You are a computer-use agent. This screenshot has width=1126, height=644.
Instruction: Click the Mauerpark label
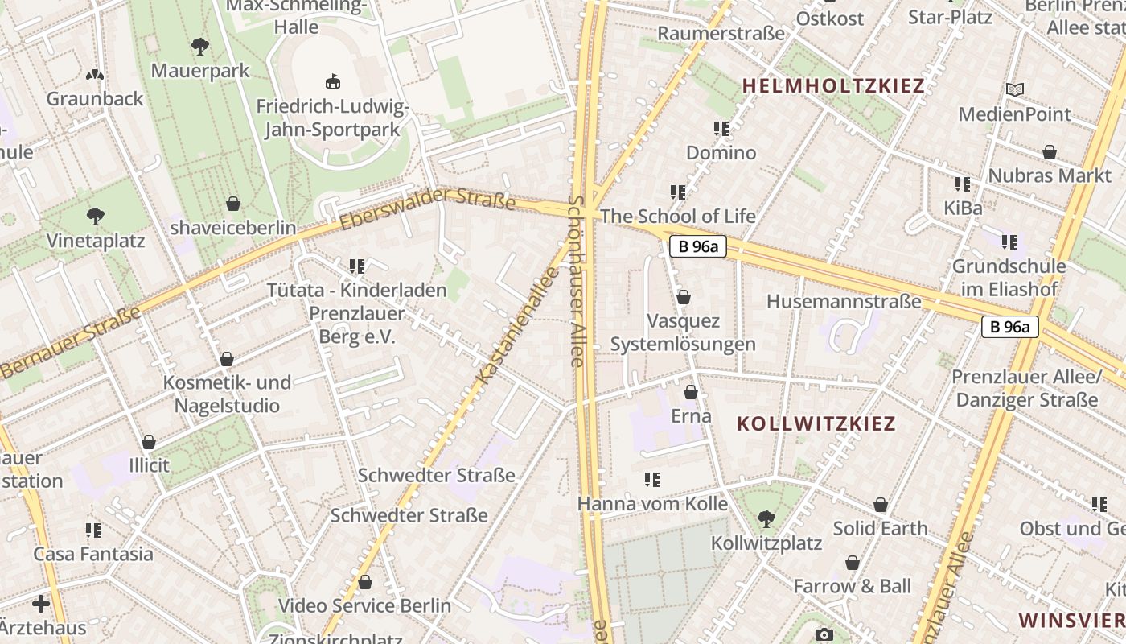(200, 71)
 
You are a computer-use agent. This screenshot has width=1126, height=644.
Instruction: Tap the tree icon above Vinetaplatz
(96, 216)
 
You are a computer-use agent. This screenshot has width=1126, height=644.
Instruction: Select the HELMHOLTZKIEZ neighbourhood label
(833, 86)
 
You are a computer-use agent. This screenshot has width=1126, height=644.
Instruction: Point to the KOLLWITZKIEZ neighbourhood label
(816, 423)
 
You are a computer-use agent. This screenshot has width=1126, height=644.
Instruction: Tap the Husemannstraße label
(844, 302)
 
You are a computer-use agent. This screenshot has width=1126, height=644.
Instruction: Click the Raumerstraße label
(721, 33)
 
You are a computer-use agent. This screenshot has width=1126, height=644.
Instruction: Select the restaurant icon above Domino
(721, 128)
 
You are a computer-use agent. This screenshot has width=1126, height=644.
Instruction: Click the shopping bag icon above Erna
(690, 392)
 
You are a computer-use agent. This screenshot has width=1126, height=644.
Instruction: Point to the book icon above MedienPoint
(1015, 89)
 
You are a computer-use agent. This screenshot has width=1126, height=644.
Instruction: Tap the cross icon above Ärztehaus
(41, 603)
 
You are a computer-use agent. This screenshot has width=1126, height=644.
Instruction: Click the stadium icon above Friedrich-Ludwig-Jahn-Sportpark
(332, 81)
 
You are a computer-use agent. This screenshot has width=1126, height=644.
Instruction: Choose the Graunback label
(95, 98)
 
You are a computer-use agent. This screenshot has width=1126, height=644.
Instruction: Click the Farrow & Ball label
(853, 586)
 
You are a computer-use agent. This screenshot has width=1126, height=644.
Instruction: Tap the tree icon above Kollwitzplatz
(766, 519)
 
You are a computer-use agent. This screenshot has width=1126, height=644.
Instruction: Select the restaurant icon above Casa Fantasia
(93, 530)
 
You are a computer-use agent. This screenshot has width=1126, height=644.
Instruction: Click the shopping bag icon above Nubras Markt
(1050, 151)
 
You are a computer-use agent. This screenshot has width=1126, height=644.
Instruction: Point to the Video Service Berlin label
(364, 605)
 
